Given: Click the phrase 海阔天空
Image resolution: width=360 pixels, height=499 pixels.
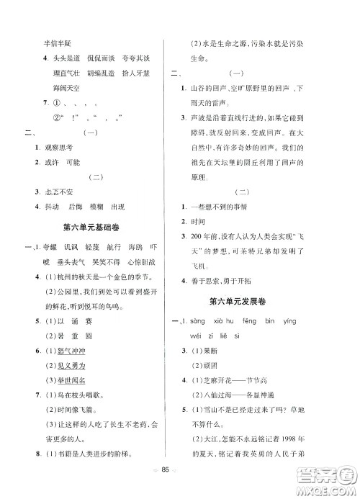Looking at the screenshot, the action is click(x=67, y=88).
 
